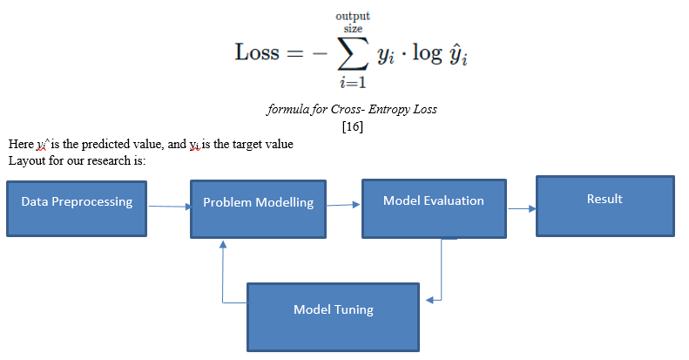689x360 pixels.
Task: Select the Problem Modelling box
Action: click(258, 209)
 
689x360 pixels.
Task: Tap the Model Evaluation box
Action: click(433, 208)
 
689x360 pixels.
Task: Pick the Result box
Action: click(605, 206)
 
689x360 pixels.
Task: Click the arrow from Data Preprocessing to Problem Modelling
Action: click(169, 207)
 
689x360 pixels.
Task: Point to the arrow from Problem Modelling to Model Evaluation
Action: click(343, 206)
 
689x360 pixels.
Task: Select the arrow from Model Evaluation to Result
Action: click(520, 208)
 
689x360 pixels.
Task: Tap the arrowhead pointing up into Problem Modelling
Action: click(223, 244)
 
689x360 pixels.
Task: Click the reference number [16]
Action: click(353, 126)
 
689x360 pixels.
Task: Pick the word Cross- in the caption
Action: click(348, 111)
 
